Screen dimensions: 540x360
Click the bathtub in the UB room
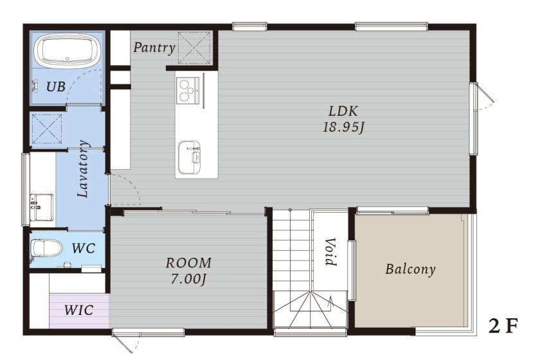(x=67, y=50)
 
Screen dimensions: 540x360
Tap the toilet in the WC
(x=46, y=248)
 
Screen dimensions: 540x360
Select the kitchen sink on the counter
(x=189, y=157)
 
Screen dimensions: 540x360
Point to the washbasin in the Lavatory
(x=42, y=207)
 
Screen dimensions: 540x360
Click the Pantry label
(x=154, y=48)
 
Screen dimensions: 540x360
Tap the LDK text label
(x=343, y=111)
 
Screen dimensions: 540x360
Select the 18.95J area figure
(x=343, y=127)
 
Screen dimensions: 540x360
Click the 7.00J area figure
(x=188, y=279)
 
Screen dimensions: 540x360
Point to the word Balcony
(x=410, y=269)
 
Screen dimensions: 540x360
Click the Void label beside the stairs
(x=330, y=251)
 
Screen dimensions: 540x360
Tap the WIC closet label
(x=79, y=310)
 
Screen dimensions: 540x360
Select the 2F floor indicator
(x=503, y=326)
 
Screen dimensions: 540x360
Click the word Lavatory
(x=84, y=169)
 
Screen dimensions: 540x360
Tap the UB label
(x=56, y=87)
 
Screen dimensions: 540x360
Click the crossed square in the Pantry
(x=194, y=48)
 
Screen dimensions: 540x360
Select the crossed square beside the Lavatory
(x=47, y=129)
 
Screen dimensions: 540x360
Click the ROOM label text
(x=188, y=263)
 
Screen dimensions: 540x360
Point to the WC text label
(x=84, y=248)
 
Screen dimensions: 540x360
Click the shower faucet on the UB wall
(x=35, y=85)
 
